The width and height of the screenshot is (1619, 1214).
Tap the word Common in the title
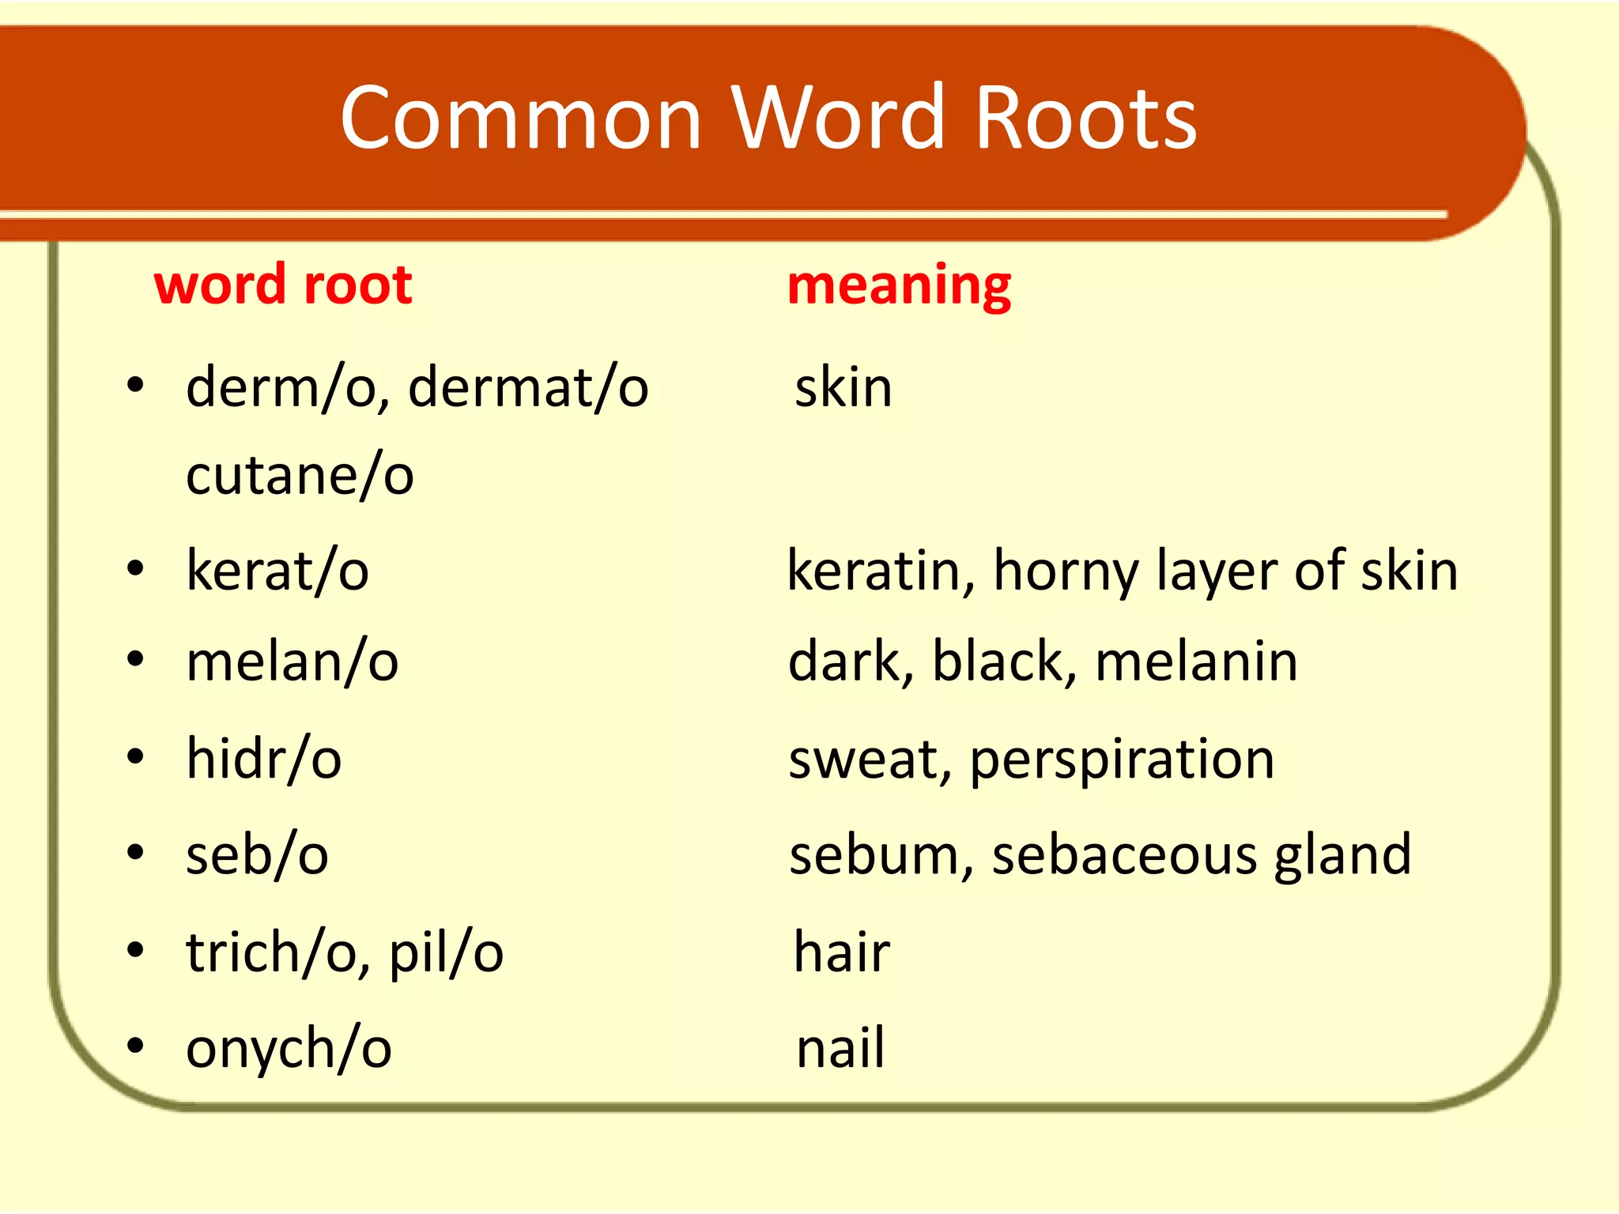[x=521, y=119]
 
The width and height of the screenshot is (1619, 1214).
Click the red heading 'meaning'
[x=899, y=286]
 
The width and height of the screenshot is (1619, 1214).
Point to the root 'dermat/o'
[x=528, y=388]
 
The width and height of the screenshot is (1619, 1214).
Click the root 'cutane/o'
[x=300, y=476]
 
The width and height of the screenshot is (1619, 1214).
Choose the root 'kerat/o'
[x=277, y=571]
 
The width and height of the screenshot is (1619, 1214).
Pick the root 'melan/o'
[x=292, y=662]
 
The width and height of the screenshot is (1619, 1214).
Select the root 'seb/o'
[x=257, y=855]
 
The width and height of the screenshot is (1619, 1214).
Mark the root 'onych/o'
[x=289, y=1049]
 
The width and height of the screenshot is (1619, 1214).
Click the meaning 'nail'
[x=840, y=1049]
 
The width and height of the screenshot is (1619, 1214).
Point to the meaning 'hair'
[x=842, y=952]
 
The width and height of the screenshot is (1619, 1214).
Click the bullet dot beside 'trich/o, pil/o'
[x=136, y=951]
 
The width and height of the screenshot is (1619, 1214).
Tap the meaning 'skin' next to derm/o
[x=843, y=388]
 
